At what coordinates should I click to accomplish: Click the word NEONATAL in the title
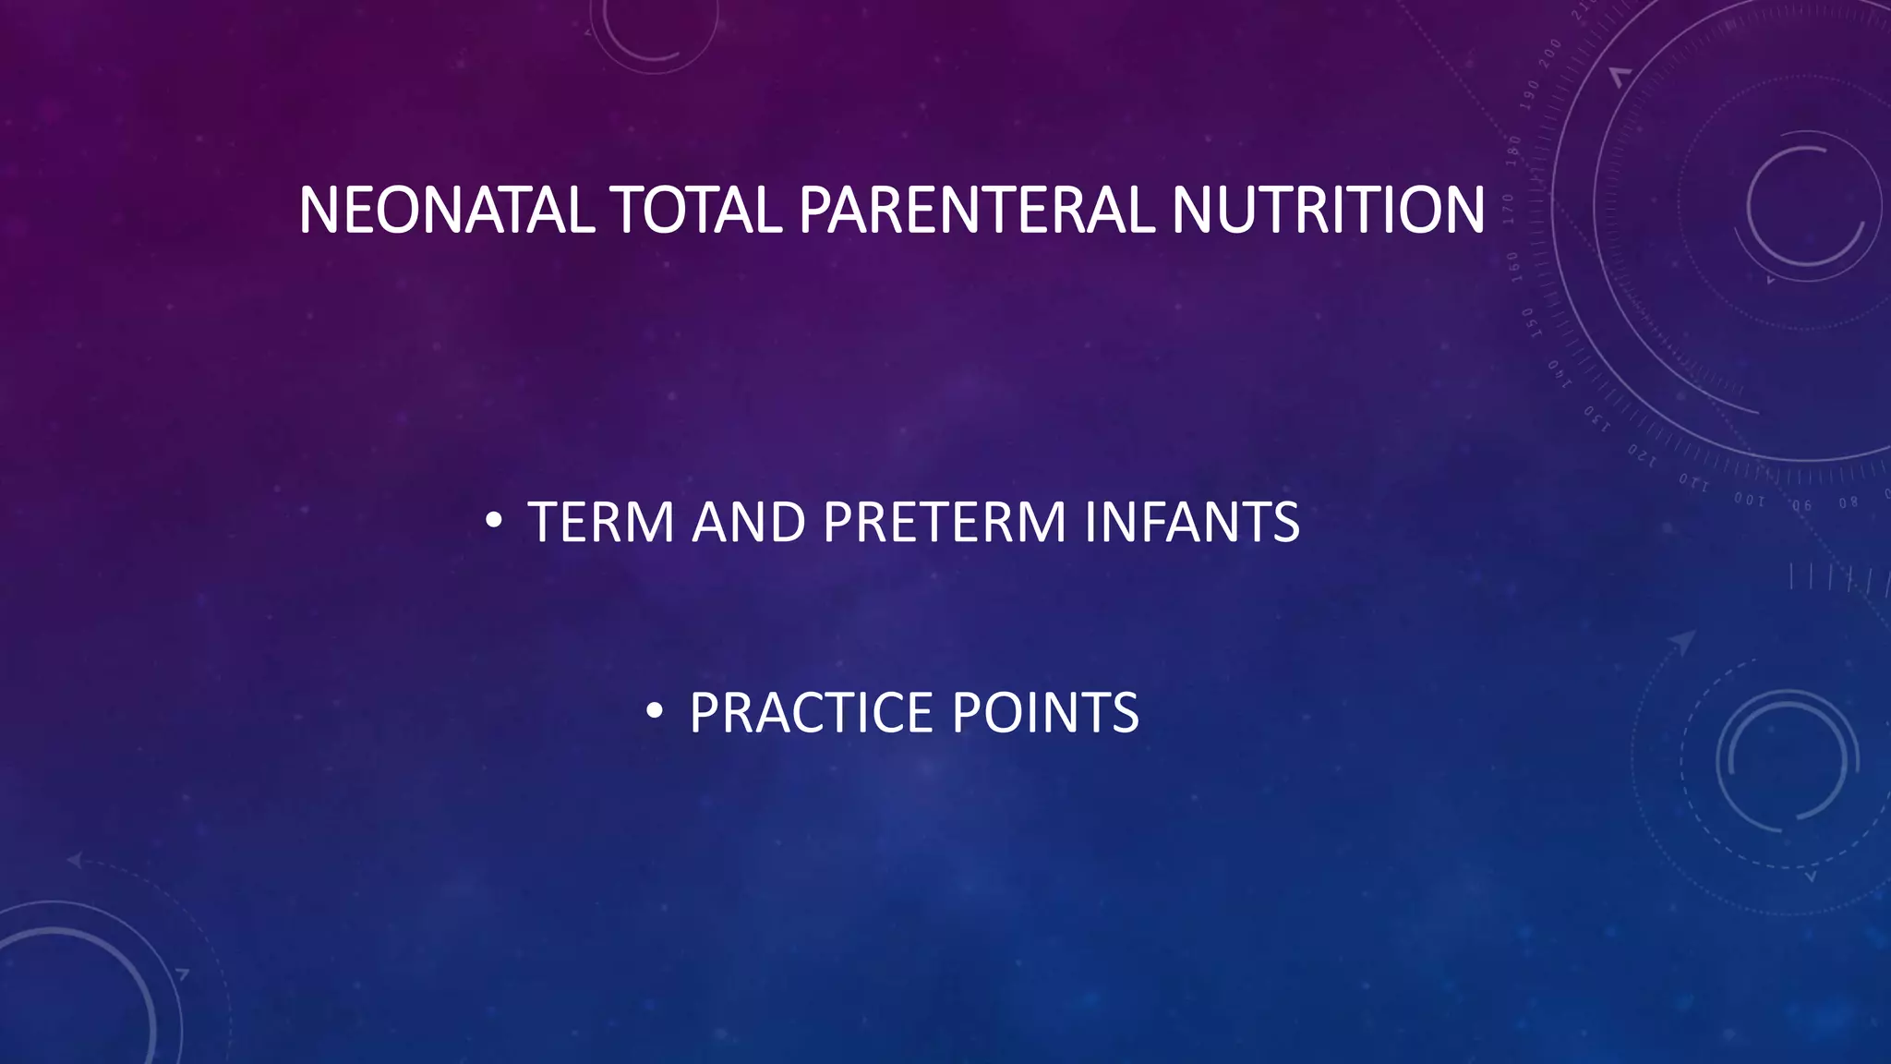point(446,211)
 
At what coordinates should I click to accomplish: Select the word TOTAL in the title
point(696,211)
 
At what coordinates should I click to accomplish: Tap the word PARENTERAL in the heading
point(977,211)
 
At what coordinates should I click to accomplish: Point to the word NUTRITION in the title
point(1328,211)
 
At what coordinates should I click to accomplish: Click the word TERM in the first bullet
point(601,523)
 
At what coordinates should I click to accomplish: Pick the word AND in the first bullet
point(749,523)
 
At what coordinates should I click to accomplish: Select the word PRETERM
point(945,523)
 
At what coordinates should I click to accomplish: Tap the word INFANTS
point(1192,523)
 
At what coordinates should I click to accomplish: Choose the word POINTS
point(1045,713)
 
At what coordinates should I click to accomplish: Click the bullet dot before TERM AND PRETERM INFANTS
point(494,522)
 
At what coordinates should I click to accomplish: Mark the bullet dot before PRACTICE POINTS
point(655,711)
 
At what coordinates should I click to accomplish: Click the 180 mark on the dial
point(1512,150)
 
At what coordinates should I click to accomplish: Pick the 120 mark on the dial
point(1642,454)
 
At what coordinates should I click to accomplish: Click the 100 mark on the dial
point(1749,500)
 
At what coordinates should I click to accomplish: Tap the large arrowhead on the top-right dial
point(1620,77)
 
